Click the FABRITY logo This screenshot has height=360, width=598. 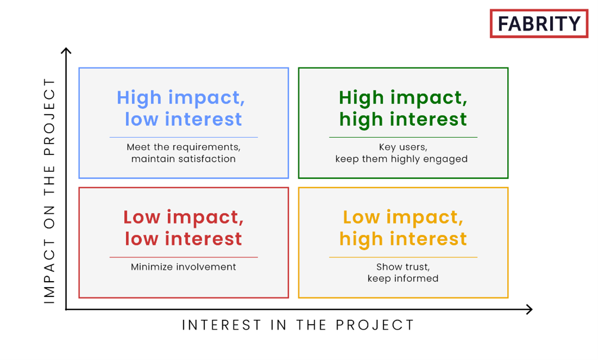point(539,23)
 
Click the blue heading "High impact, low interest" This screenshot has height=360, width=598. point(181,108)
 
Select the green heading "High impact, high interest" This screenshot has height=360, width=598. point(403,108)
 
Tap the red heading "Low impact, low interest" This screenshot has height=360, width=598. point(183,228)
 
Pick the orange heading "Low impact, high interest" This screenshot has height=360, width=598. point(403,228)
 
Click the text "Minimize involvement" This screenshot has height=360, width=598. point(183,267)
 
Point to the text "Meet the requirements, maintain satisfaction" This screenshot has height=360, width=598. point(183,153)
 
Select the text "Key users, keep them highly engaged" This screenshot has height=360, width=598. point(402,153)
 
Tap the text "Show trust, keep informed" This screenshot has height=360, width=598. point(403,272)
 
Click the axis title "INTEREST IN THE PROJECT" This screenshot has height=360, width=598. point(298,325)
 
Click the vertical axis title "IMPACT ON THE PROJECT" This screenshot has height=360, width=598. point(49,191)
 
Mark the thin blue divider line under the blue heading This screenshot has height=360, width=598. point(183,137)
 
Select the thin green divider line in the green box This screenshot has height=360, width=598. point(403,137)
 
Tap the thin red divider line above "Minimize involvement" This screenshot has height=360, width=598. point(183,257)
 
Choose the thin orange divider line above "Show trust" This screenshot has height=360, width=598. point(403,257)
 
